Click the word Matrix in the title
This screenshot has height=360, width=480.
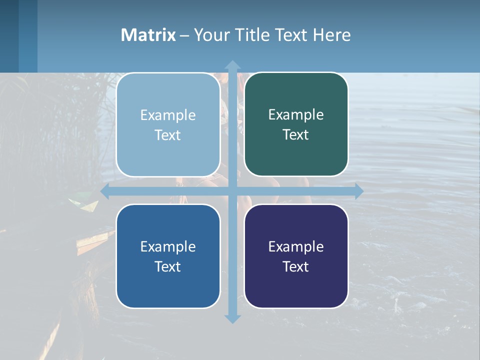click(148, 35)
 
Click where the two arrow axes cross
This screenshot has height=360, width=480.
click(232, 191)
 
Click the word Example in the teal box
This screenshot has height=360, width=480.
click(296, 114)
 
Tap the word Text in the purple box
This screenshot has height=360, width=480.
click(296, 266)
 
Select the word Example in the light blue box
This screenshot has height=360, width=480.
click(168, 115)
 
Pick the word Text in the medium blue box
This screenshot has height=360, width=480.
click(168, 266)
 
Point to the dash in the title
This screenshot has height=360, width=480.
click(184, 35)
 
